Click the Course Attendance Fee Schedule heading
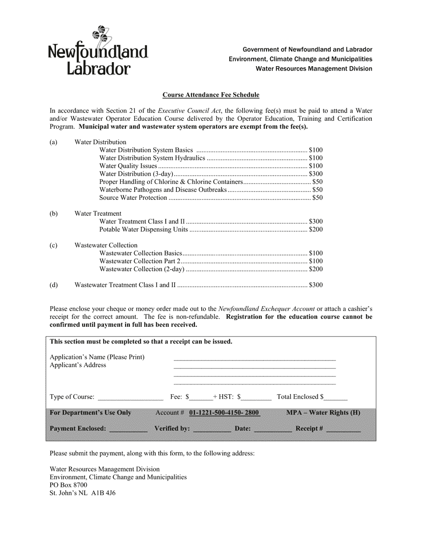[211, 95]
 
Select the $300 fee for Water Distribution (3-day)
[315, 174]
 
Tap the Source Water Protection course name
[133, 198]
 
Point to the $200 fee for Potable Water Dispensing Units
[315, 230]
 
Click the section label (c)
[53, 245]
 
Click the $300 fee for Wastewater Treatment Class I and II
[315, 285]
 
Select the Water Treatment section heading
[98, 214]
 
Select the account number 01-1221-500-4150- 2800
[224, 413]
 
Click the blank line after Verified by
[212, 429]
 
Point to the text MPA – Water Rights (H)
[323, 413]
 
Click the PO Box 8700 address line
[68, 485]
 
